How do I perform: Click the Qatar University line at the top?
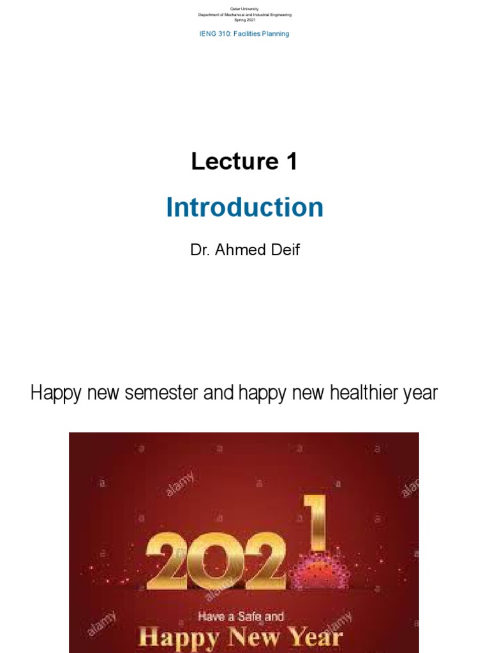point(244,8)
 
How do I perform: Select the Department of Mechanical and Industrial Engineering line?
point(244,14)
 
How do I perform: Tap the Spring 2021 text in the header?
point(244,20)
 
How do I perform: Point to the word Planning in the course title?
point(275,34)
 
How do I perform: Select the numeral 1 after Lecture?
point(291,162)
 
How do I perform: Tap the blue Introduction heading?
point(244,208)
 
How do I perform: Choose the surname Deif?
point(284,249)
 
